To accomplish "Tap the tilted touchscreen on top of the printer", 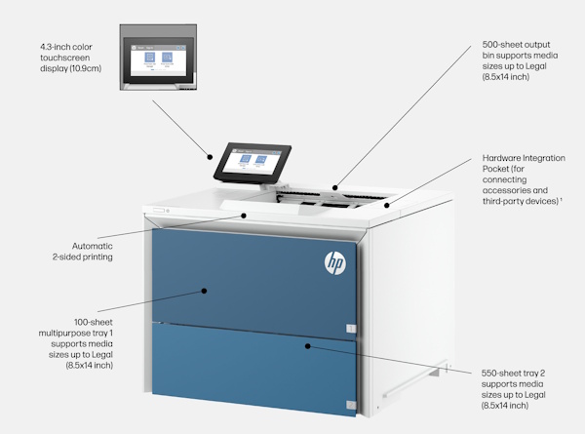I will coord(253,161).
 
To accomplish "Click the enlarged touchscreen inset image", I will coord(159,58).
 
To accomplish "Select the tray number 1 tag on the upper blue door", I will coord(351,329).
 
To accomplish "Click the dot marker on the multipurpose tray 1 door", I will coord(204,290).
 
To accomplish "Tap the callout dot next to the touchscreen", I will coord(210,154).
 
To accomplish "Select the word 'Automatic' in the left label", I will coord(92,246).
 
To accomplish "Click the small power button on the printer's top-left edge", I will coord(168,211).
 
